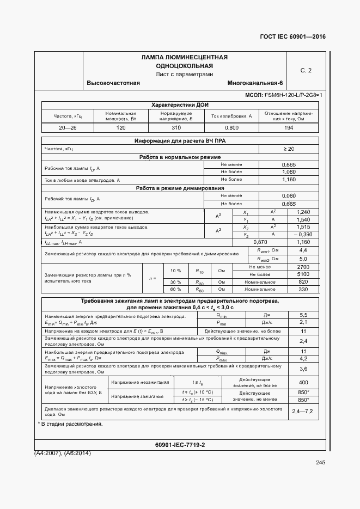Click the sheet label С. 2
[x=306, y=70]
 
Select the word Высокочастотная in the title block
[x=113, y=83]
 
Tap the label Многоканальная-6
[x=255, y=83]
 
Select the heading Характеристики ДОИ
[x=180, y=105]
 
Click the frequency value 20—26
[x=68, y=127]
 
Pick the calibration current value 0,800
[x=231, y=127]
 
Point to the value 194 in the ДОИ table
[x=289, y=127]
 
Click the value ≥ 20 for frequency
[x=289, y=149]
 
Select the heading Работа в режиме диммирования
[x=180, y=188]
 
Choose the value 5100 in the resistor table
[x=304, y=274]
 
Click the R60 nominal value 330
[x=304, y=289]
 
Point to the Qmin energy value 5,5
[x=304, y=315]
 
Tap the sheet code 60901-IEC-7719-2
[x=180, y=445]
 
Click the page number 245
[x=320, y=463]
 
